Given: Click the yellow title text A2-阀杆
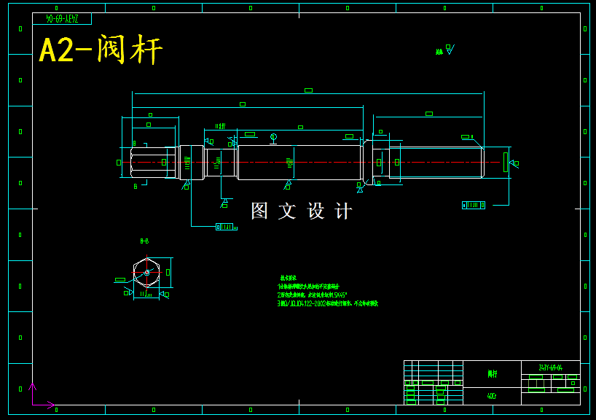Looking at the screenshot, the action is [x=101, y=50].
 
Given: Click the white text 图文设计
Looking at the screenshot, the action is [x=301, y=211].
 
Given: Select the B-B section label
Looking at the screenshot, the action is [x=144, y=241].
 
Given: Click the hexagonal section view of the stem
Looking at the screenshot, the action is [x=146, y=273].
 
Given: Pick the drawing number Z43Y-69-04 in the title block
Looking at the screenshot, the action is [x=550, y=368].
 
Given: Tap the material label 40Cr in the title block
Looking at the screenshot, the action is [x=492, y=397].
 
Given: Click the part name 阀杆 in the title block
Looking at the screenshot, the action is [x=492, y=374].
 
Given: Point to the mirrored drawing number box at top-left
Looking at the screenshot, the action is [x=62, y=18].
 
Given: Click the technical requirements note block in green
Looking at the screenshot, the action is [x=327, y=291].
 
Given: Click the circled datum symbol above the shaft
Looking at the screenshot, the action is [x=273, y=137].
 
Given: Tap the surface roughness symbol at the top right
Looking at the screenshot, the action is [x=445, y=50].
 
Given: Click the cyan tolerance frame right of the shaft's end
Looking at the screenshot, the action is [x=474, y=205].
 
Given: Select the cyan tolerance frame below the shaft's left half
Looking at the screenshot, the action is [x=225, y=227].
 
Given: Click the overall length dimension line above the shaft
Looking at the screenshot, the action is [x=308, y=93].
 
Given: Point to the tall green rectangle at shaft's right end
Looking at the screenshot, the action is [x=505, y=162].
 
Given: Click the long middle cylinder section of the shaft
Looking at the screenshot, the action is [x=299, y=162].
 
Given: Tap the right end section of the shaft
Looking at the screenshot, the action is [x=436, y=162].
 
